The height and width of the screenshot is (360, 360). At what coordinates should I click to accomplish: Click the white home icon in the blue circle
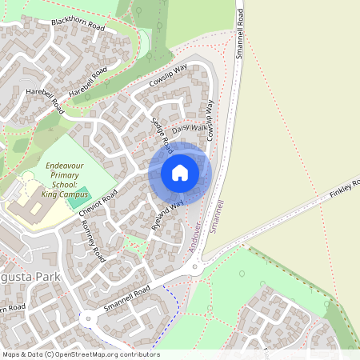pyautogui.click(x=180, y=172)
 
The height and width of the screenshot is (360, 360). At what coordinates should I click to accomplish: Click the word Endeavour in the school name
pyautogui.click(x=61, y=163)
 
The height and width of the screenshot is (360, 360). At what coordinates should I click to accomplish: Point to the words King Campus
pyautogui.click(x=62, y=194)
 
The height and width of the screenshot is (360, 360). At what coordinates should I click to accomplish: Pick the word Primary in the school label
pyautogui.click(x=62, y=174)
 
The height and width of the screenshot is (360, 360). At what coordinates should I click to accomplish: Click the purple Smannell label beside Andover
pyautogui.click(x=217, y=215)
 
